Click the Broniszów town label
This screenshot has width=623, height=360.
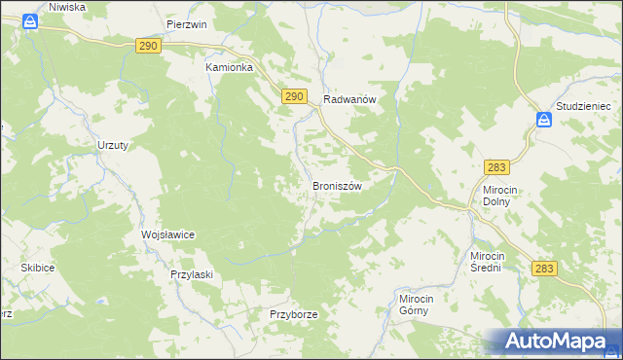(337, 186)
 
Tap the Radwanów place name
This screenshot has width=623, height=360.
(349, 99)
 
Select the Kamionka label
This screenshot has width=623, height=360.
(229, 68)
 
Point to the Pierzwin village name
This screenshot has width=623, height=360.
(187, 25)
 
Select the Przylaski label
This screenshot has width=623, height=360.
(191, 275)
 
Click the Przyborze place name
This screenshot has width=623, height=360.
(294, 315)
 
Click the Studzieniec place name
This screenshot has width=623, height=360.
(582, 104)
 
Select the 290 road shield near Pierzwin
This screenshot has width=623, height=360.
(148, 46)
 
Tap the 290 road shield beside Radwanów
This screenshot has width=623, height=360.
(296, 96)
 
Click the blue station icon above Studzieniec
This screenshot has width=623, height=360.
(544, 121)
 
